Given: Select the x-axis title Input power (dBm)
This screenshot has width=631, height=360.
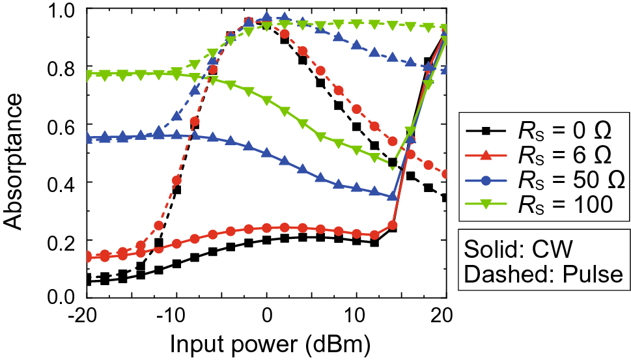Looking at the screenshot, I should coord(266,342).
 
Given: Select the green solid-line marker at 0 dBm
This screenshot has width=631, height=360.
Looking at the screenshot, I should coord(266,98).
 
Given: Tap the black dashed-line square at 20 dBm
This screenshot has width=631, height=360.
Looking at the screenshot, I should coord(446,197).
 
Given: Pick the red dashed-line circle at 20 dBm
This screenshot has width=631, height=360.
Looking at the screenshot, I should coord(446,174).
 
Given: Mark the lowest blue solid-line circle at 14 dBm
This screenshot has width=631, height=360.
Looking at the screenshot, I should coord(392,197).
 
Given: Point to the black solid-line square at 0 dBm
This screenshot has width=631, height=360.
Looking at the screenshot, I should coord(266,240).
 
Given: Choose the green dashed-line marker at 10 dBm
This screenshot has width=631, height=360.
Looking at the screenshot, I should coord(356,23).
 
